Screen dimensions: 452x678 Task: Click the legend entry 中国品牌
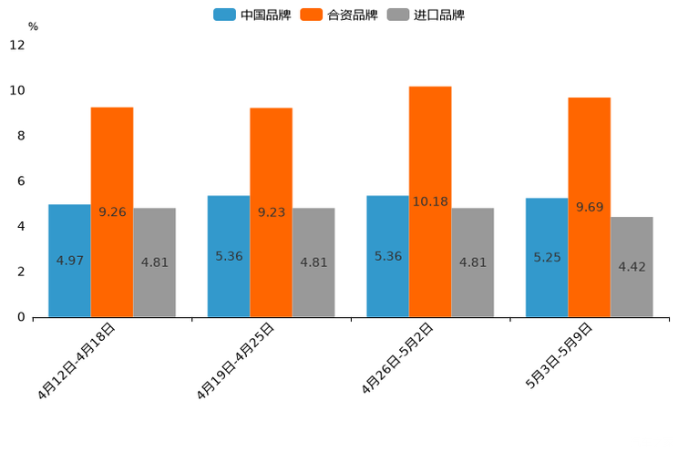(252, 15)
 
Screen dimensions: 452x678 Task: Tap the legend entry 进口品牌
(426, 15)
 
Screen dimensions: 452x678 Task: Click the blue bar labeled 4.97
(69, 261)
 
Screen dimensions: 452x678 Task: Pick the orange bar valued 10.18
(430, 201)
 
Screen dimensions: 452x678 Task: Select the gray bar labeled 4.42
(632, 267)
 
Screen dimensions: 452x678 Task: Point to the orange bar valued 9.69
(590, 207)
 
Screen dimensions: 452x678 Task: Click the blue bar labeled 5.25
(547, 258)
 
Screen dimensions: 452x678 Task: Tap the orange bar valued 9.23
(271, 212)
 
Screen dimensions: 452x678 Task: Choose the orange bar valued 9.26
(112, 212)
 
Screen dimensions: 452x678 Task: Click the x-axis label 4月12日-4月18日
(77, 361)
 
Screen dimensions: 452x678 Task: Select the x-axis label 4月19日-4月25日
(236, 361)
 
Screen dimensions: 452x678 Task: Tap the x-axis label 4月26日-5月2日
(397, 359)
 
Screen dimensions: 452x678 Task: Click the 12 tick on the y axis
(17, 45)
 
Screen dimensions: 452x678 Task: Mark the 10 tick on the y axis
(17, 90)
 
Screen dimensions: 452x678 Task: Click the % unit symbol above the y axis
(33, 26)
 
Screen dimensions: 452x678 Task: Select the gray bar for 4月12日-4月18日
(154, 262)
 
